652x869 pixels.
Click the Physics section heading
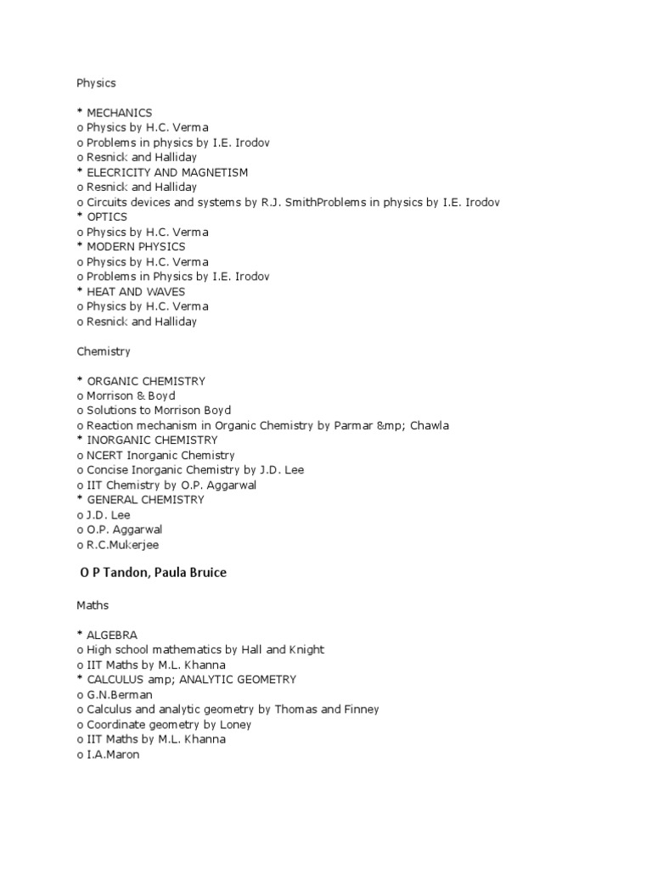coord(96,83)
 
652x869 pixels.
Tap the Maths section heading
coord(93,605)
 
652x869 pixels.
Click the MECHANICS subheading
coord(119,113)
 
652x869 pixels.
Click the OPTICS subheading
coord(107,217)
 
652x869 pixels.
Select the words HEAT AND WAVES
coord(136,291)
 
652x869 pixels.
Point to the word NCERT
coord(105,455)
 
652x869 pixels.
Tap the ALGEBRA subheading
coord(112,635)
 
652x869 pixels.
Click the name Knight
coord(306,649)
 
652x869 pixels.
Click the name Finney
coord(360,709)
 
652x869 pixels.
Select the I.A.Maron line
coord(112,754)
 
